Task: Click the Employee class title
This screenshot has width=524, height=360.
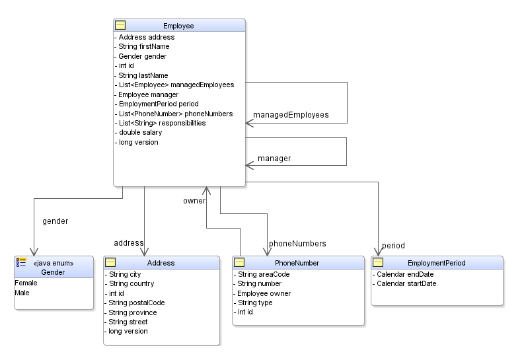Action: click(x=178, y=26)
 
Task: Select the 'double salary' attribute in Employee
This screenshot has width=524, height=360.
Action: click(x=140, y=133)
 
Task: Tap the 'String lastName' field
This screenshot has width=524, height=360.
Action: click(x=144, y=76)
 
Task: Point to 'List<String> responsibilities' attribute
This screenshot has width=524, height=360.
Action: click(x=162, y=123)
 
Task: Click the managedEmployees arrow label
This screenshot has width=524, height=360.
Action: click(x=291, y=115)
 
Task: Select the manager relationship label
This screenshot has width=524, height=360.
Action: click(x=274, y=159)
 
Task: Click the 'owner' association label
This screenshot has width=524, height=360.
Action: click(x=194, y=201)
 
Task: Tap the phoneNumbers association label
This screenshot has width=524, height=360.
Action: click(x=297, y=244)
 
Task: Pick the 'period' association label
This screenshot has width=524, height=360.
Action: click(x=393, y=246)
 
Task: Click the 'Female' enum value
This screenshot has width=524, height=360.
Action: click(x=26, y=283)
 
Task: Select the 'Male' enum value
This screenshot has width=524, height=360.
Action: click(x=22, y=293)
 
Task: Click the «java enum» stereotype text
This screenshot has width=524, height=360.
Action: click(x=53, y=263)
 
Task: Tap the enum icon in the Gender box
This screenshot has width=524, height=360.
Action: click(x=21, y=262)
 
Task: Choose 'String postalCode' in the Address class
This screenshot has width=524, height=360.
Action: click(x=137, y=303)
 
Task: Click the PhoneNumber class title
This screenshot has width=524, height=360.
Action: click(x=297, y=263)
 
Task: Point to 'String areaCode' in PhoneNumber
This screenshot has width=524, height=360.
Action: click(x=264, y=274)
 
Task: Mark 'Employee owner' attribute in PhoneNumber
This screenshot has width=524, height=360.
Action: click(x=264, y=293)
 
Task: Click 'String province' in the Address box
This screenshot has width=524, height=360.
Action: click(x=133, y=312)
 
